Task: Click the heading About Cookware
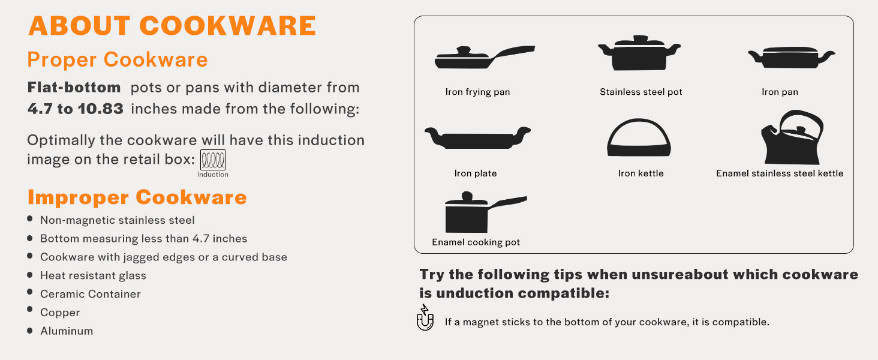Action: click(172, 26)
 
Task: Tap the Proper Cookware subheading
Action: click(117, 59)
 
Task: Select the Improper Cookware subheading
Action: click(137, 197)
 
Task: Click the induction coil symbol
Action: click(213, 160)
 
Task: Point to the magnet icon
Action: click(425, 317)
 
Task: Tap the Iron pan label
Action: click(780, 92)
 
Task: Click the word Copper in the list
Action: click(60, 313)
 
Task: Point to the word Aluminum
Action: click(67, 331)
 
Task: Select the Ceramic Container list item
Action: click(90, 294)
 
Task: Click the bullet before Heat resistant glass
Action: click(30, 275)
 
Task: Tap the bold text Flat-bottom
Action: click(74, 87)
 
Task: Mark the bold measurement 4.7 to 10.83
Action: click(75, 109)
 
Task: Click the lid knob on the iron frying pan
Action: click(464, 50)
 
